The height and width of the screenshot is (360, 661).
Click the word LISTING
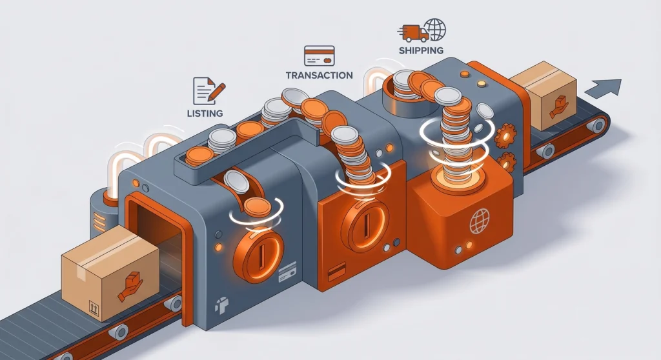point(205,114)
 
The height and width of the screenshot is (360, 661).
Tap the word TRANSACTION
point(319,75)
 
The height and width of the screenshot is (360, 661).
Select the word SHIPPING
point(421,50)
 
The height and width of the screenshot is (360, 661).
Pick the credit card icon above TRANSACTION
point(319,55)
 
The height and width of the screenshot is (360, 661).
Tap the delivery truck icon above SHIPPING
point(412,33)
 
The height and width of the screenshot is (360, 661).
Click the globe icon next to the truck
point(435,29)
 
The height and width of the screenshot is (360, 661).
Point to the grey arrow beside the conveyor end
point(604,88)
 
